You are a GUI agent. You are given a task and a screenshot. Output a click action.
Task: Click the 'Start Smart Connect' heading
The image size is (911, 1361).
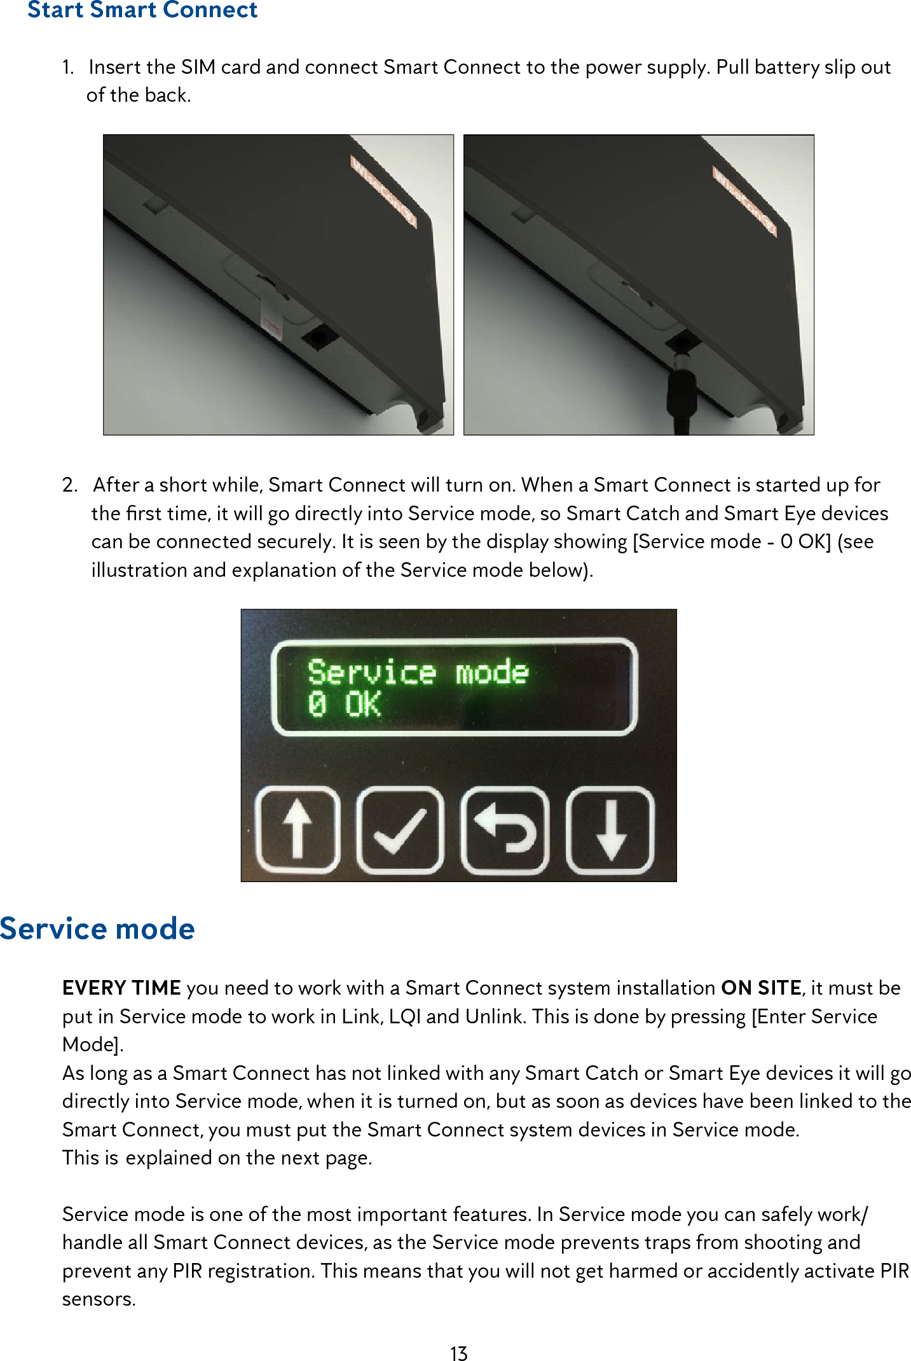coord(142,10)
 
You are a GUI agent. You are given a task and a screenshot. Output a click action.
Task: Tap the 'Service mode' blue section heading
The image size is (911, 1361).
coord(97,929)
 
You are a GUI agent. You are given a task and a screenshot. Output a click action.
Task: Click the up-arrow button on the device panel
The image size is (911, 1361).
coord(297,829)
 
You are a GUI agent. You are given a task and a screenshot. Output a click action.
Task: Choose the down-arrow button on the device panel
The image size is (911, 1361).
coord(610,829)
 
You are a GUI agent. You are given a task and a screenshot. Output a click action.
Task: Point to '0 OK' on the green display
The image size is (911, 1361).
coord(344,705)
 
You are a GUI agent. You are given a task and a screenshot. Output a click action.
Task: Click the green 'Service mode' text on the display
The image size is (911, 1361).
coord(418,672)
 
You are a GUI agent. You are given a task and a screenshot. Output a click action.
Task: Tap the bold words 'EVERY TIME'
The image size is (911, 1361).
coord(121,988)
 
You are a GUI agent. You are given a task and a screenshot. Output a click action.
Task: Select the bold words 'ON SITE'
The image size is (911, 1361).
coord(760,988)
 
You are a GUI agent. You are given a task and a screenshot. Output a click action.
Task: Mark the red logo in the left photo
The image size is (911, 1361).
coord(383,191)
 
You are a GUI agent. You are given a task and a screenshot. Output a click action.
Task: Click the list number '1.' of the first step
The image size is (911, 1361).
coord(68,67)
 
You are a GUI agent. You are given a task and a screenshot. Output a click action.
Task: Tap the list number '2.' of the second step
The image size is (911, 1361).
coord(69,485)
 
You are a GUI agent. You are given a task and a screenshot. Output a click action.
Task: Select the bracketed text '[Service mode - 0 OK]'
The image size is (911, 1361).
coord(731,542)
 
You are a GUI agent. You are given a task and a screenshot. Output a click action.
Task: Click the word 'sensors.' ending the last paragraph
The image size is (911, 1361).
coord(99,1299)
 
